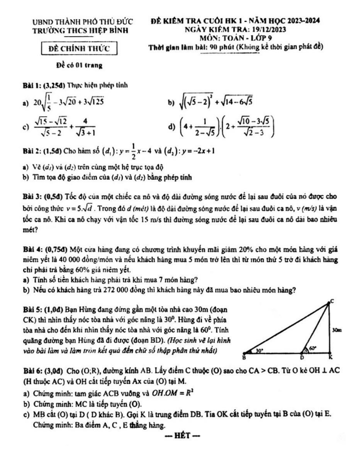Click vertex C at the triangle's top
332,300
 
